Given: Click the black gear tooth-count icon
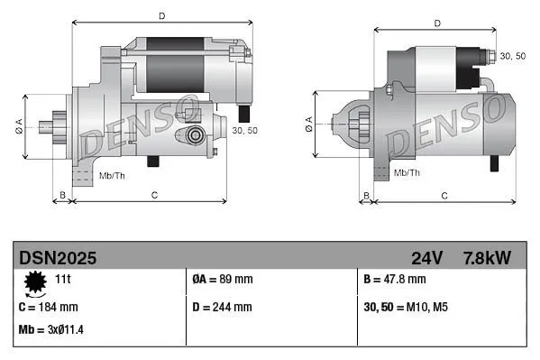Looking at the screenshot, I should tap(34, 284).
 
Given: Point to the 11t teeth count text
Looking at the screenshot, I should tap(63, 280).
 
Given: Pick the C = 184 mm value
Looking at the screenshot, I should tap(48, 307).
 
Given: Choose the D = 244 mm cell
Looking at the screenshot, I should tap(224, 307).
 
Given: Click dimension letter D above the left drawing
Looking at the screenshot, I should tap(162, 15).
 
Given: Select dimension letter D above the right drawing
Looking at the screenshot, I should tap(436, 23).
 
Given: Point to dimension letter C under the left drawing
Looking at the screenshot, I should tap(154, 195).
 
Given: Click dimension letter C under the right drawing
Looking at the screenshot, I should tap(444, 195).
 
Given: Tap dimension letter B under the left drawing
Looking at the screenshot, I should tap(62, 195).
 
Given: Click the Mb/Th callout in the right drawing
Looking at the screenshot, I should tap(407, 172).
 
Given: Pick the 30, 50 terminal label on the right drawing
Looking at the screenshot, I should tap(513, 56).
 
